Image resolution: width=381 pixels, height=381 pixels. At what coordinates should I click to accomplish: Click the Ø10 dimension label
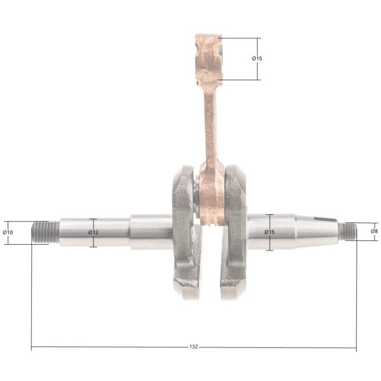tap(8, 232)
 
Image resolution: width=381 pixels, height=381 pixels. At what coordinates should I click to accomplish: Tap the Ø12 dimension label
tap(93, 232)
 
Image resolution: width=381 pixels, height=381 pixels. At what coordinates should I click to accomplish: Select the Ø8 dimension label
tap(374, 231)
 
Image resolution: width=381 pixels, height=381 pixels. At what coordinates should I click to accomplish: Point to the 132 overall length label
tap(193, 347)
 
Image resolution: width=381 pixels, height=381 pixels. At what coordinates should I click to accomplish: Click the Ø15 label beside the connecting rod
tap(257, 58)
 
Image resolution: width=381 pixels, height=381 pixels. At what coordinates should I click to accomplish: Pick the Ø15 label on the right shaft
tap(270, 232)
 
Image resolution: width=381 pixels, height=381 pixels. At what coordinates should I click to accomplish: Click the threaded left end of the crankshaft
tap(45, 232)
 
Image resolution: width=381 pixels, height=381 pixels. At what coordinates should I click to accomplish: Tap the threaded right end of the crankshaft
tap(348, 231)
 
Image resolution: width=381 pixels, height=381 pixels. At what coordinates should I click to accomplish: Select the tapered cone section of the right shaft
tap(316, 231)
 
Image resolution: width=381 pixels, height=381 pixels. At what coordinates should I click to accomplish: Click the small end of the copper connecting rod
tap(209, 60)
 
